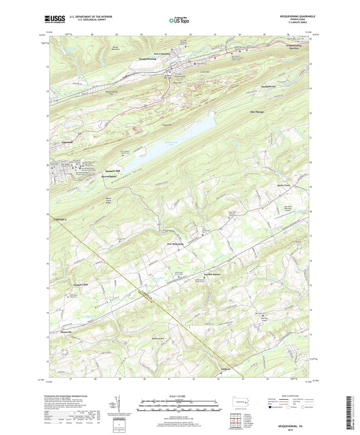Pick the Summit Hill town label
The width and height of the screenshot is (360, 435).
[x=113, y=172]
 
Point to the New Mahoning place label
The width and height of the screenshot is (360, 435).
[x=177, y=244]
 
